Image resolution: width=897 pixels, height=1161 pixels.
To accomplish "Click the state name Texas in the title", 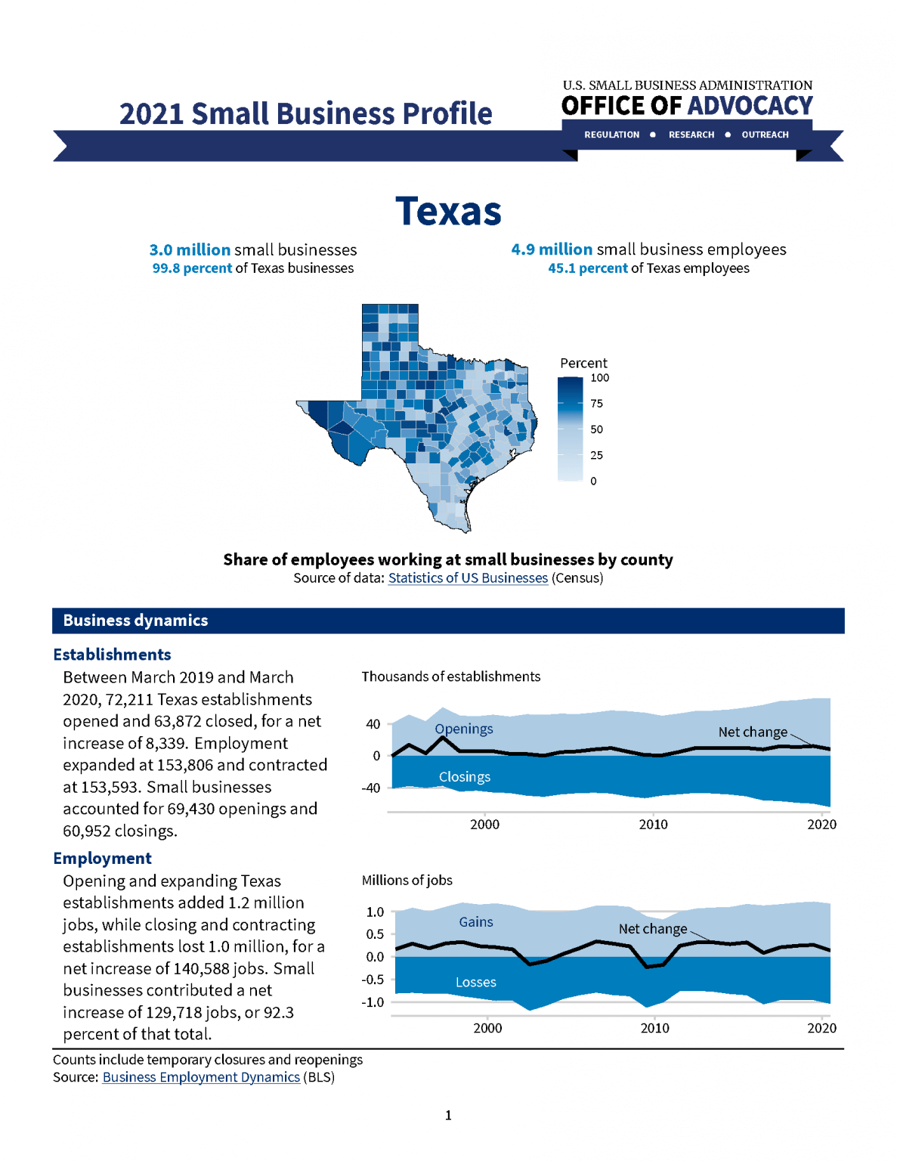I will point(448,211).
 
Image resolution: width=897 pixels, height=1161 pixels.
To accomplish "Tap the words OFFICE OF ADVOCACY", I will point(686,106).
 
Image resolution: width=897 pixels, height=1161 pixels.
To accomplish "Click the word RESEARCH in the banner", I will point(691,135).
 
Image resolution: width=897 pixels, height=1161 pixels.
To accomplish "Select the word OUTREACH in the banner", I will point(765,135).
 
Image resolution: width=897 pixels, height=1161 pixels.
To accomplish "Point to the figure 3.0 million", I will point(190,249).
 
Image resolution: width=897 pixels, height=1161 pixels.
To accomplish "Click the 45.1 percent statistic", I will point(587,268).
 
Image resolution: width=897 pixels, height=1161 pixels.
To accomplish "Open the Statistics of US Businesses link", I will point(468,578).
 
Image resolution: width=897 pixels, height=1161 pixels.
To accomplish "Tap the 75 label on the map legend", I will point(596,404).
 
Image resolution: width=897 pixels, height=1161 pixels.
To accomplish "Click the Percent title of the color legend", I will point(583,363).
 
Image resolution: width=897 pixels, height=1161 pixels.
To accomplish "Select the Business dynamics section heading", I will point(135,621).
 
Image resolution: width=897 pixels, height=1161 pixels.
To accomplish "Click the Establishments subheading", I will point(112,655).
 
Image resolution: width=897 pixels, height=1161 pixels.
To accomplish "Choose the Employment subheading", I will point(102,859).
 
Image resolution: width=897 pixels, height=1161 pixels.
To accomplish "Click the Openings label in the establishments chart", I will point(463,729).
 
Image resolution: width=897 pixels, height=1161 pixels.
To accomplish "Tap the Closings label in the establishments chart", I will point(464,777).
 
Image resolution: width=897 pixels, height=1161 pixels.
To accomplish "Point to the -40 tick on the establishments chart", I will point(370,788).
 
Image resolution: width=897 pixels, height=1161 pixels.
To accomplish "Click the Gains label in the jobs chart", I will point(475,922).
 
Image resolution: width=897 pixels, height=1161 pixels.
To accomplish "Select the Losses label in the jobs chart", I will point(475,982).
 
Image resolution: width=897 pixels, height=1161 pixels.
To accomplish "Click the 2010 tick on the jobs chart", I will point(654,1028).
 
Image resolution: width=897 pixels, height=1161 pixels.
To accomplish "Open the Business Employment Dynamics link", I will point(201,1077).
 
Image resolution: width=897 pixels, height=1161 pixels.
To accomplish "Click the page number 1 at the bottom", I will point(448,1115).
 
